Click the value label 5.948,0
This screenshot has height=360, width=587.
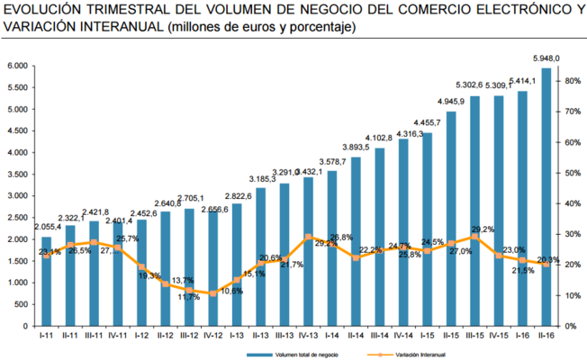coord(546,58)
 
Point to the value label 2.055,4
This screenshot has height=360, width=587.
coord(47,227)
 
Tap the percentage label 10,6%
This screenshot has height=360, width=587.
coord(233,291)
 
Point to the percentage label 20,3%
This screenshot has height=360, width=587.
coord(548,261)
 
